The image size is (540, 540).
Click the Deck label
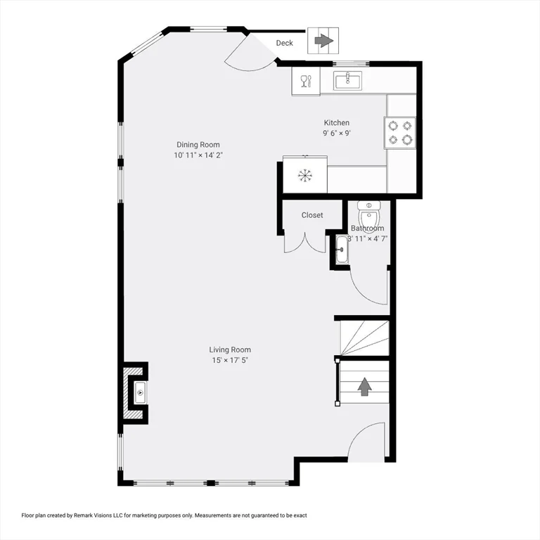coord(284,44)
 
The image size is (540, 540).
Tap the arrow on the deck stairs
coord(323,41)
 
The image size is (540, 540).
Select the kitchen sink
coord(347,82)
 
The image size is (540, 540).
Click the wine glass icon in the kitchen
coord(305,82)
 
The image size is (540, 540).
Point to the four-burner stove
coord(400,132)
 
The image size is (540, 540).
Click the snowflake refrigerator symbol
coord(304,175)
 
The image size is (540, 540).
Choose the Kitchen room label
coord(336,123)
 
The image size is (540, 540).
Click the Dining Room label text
coord(198,145)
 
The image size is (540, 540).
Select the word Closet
coord(312,215)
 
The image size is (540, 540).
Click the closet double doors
coord(304,243)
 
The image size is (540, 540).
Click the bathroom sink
coord(342,250)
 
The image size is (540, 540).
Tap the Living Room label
coord(230,349)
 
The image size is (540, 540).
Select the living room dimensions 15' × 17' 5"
coord(230,360)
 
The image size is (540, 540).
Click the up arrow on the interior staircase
coord(365,387)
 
